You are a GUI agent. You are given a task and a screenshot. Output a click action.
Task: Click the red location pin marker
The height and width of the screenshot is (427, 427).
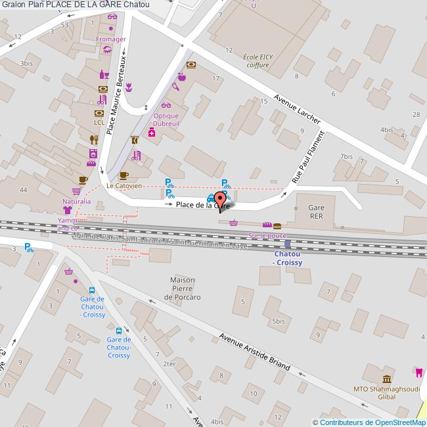[220, 198]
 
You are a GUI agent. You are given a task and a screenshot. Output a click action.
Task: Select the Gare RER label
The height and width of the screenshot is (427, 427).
[316, 210]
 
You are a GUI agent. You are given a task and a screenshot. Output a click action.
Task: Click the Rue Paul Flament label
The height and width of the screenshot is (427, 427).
[308, 158]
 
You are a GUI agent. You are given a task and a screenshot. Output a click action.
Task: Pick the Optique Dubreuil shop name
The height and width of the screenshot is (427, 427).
[170, 120]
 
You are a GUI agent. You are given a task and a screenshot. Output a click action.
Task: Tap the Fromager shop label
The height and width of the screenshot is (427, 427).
[110, 39]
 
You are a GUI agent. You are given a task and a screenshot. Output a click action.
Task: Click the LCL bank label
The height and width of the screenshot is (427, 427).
[99, 122]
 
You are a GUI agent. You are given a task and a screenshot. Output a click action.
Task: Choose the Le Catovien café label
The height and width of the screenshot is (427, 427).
[124, 186]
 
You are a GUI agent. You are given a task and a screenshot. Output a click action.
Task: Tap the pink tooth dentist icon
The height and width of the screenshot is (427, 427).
[416, 372]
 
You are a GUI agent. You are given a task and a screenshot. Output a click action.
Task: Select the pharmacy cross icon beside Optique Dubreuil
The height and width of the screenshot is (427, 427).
[152, 133]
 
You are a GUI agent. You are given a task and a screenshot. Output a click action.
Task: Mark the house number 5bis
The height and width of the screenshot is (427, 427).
[279, 321]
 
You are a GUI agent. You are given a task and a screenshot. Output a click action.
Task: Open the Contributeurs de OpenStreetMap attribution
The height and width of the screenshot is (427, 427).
[369, 422]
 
